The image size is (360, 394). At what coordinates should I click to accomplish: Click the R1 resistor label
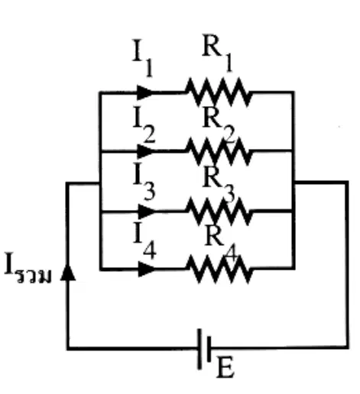(217, 53)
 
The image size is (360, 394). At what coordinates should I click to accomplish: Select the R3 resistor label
(219, 185)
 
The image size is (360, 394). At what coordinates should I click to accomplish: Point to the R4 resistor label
(221, 244)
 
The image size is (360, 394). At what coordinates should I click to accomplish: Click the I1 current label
(143, 58)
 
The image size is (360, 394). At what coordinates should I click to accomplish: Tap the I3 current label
(144, 181)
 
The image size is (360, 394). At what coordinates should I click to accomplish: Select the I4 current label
(144, 241)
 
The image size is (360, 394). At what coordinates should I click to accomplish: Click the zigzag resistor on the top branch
(219, 92)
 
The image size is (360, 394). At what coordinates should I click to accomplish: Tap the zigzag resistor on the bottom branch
(219, 269)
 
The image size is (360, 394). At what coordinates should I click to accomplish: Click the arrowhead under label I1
(145, 92)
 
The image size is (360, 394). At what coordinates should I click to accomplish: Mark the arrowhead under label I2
(145, 152)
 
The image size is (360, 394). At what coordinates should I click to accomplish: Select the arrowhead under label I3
(147, 212)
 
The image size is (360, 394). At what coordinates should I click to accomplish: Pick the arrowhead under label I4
(147, 269)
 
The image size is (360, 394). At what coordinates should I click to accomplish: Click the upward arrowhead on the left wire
(68, 272)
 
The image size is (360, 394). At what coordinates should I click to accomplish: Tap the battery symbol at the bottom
(204, 349)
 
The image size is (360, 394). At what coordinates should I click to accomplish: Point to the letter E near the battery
(225, 368)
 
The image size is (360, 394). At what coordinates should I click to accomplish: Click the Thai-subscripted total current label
(28, 268)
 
